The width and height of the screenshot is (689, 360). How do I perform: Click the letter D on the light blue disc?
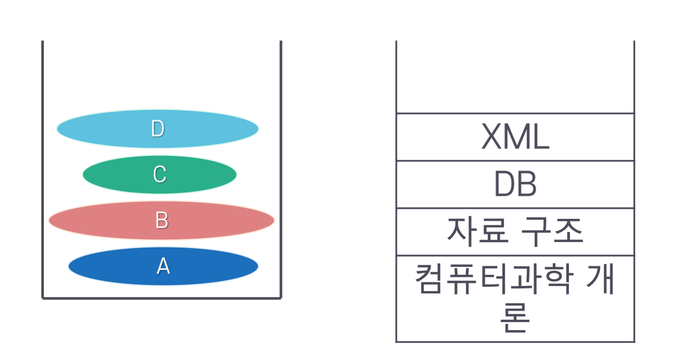pyautogui.click(x=158, y=129)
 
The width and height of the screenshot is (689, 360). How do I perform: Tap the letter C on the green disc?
pyautogui.click(x=159, y=174)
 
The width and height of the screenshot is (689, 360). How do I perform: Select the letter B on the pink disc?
pyautogui.click(x=161, y=220)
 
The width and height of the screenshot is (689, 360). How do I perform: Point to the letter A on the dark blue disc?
pyautogui.click(x=163, y=266)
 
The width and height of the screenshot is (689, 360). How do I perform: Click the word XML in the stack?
pyautogui.click(x=515, y=138)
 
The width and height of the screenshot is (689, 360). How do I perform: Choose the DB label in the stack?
pyautogui.click(x=515, y=185)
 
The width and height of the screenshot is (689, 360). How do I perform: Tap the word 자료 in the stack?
pyautogui.click(x=475, y=232)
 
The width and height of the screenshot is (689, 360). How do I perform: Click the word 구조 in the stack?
pyautogui.click(x=555, y=232)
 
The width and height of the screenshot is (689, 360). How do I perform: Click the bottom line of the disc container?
pyautogui.click(x=161, y=298)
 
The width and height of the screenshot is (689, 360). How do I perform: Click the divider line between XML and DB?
pyautogui.click(x=515, y=161)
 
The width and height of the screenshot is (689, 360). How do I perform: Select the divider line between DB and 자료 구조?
pyautogui.click(x=515, y=208)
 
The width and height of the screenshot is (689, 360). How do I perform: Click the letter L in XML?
pyautogui.click(x=541, y=138)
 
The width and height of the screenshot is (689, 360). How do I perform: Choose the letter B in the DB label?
pyautogui.click(x=527, y=185)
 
